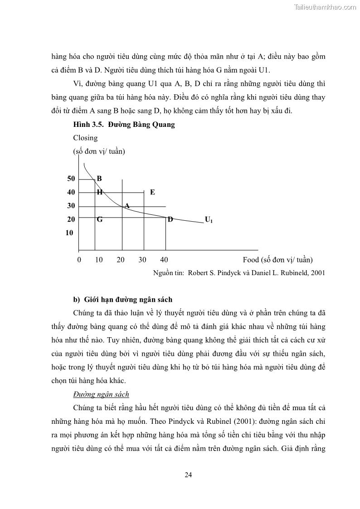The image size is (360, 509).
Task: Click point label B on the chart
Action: (x=99, y=179)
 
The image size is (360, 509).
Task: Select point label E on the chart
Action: (x=152, y=192)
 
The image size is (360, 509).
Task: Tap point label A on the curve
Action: (x=127, y=206)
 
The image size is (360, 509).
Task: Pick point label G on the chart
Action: (x=99, y=219)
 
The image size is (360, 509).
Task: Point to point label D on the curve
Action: (x=170, y=219)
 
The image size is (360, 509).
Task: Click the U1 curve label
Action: (x=209, y=220)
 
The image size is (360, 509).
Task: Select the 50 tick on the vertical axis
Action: (x=71, y=179)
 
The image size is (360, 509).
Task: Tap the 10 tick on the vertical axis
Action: (x=69, y=233)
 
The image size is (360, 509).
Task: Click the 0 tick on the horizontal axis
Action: (x=79, y=260)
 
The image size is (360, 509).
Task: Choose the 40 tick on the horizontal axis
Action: (x=164, y=260)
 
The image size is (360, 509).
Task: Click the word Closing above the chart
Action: (x=85, y=138)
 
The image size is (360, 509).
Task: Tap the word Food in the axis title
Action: (x=251, y=260)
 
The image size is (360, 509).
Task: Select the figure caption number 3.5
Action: (x=97, y=125)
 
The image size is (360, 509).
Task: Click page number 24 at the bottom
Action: (x=189, y=475)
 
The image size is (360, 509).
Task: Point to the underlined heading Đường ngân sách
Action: (x=101, y=394)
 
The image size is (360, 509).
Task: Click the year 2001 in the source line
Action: (x=316, y=273)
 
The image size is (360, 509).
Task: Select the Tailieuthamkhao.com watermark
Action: (x=325, y=7)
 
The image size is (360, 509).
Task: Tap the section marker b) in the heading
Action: (x=77, y=300)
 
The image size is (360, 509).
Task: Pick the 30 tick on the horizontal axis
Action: (x=142, y=260)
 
